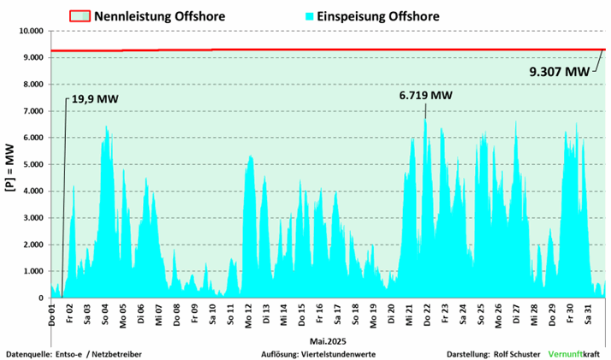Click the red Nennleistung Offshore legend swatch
coord(79,15)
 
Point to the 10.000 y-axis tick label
coord(28,31)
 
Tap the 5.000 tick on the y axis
coord(32,165)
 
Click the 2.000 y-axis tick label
coord(32,245)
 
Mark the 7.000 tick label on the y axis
coord(32,111)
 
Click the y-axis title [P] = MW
coord(9,164)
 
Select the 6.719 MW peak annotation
coord(425,95)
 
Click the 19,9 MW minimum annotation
coord(94,100)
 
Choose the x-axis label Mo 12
coord(248,313)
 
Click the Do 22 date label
coord(426,313)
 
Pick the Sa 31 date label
coord(587,313)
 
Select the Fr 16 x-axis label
coord(319,313)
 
